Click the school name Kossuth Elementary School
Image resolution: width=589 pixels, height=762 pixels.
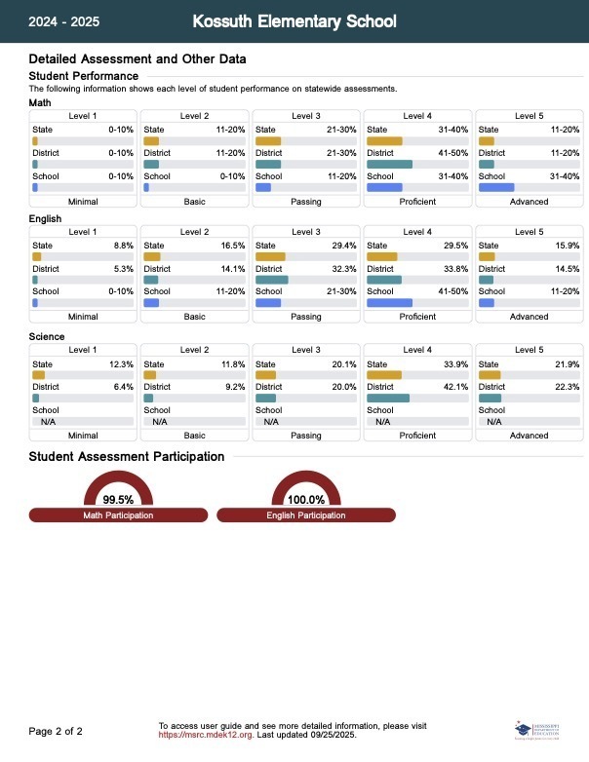[x=294, y=20]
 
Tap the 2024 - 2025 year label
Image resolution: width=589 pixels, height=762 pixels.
[x=63, y=21]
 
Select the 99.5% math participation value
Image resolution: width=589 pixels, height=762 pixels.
[x=118, y=500]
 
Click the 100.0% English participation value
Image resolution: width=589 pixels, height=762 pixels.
[x=305, y=500]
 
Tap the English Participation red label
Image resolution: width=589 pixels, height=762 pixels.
[x=305, y=515]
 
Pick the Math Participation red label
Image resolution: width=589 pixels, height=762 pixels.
[x=118, y=515]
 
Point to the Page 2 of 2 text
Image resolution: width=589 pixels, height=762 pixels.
[x=56, y=731]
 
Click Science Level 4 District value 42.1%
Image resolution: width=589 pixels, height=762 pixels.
[x=456, y=387]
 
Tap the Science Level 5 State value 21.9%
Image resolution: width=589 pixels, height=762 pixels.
[x=568, y=364]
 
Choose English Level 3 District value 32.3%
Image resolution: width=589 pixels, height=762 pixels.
[x=345, y=268]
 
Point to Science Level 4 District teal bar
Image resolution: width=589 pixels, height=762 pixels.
[x=388, y=398]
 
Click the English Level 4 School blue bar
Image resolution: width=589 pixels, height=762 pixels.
[x=389, y=303]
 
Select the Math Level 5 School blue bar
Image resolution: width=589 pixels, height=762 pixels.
[x=496, y=187]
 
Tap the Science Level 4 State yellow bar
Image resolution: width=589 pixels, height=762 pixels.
[x=384, y=375]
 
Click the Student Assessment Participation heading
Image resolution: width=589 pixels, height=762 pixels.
[x=127, y=456]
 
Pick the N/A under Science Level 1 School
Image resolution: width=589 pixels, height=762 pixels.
[x=48, y=421]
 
